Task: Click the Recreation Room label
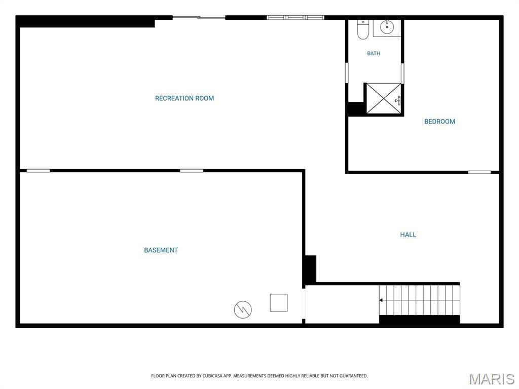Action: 184,98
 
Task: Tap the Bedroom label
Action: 439,122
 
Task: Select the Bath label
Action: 374,53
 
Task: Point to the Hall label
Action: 408,235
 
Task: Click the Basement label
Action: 161,250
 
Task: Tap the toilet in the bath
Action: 363,29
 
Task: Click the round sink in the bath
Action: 387,27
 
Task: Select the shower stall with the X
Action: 383,99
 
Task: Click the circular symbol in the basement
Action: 243,309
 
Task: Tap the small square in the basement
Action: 279,303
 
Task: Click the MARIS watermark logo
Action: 492,379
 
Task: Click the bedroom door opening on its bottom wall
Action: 479,172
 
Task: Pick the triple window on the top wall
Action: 295,18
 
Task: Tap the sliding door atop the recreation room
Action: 199,18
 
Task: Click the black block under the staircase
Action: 419,320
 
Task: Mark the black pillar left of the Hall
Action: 310,269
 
